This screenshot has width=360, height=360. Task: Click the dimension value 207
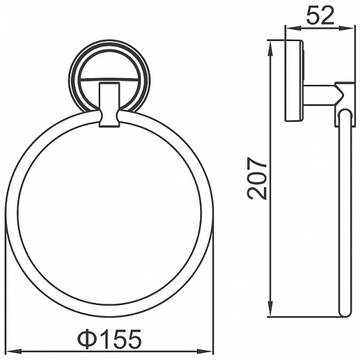(257, 178)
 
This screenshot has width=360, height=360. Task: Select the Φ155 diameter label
(109, 339)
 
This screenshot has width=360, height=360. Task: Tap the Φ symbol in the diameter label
(86, 339)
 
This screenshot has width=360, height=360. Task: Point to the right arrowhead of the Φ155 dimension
(205, 351)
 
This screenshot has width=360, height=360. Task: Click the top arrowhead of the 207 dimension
(271, 49)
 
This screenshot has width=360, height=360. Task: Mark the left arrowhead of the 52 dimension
(292, 29)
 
